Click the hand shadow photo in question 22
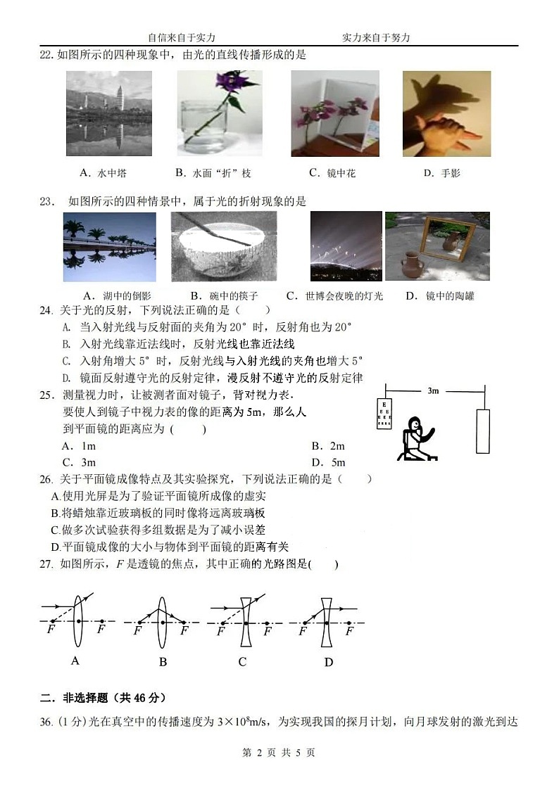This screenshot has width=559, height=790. [446, 113]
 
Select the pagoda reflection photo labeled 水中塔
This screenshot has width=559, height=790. [108, 113]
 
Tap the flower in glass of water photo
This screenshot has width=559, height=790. [219, 113]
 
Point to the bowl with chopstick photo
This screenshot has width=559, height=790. [224, 246]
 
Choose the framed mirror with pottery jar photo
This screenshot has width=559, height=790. [437, 246]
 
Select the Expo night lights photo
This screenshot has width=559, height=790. [346, 246]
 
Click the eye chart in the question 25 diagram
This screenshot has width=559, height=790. [384, 414]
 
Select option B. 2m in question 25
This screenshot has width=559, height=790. [328, 446]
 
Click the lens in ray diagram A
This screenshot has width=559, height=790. [77, 622]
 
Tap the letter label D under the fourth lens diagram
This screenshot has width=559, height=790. [328, 662]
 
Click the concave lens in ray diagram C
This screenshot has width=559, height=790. [244, 622]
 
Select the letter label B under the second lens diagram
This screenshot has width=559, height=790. [163, 662]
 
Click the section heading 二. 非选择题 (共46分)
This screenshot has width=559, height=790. [103, 698]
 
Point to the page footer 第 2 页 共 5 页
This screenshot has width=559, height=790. [279, 753]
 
